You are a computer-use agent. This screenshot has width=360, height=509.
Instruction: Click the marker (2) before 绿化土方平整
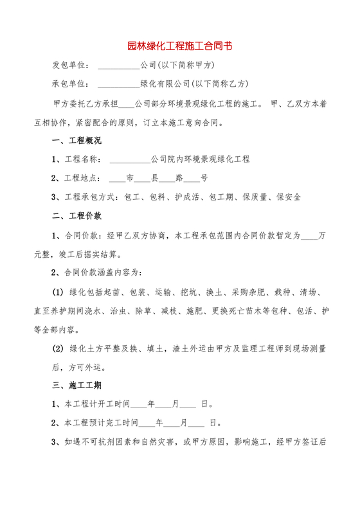(58, 349)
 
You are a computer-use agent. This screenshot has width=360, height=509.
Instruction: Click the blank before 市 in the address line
(117, 179)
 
